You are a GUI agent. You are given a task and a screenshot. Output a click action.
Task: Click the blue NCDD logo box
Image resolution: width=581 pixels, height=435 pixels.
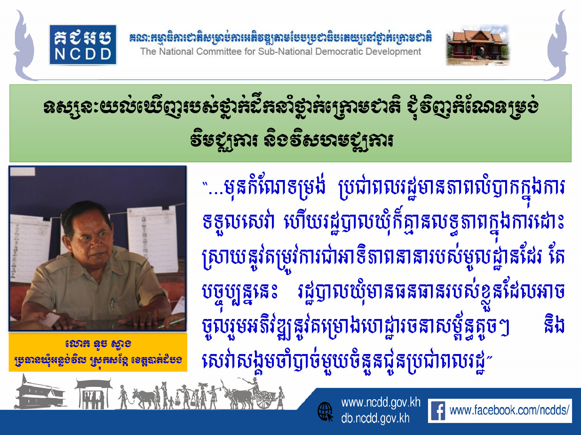coord(83,45)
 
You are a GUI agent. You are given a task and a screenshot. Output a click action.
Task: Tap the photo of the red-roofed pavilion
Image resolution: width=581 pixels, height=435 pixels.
coord(478,45)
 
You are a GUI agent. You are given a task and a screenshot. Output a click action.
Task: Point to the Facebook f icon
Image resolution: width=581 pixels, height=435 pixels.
coord(438,410)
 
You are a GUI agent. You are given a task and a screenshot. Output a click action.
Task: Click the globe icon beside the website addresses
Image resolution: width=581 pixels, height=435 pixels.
coord(326,412)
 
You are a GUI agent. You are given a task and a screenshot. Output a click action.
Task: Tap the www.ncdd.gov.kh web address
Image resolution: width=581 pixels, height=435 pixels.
coord(381,402)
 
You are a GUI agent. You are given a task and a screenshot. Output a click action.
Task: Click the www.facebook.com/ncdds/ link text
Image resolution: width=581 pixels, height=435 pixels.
coord(509,410)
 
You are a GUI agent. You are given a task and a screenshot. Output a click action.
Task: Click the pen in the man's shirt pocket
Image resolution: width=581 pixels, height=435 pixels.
coord(113,304)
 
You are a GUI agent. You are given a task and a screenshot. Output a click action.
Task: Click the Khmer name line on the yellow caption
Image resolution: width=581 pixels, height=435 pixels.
coord(98,344)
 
